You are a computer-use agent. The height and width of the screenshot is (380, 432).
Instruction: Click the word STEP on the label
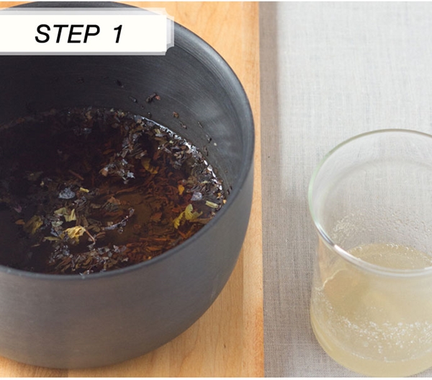coord(67,33)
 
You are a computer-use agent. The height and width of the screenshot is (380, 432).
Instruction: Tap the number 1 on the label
coord(117,33)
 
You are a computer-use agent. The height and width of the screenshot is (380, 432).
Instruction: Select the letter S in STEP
coord(43,33)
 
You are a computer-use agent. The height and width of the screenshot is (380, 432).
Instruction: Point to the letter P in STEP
coord(91,33)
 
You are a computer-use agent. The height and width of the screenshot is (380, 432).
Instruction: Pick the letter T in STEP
coord(60,33)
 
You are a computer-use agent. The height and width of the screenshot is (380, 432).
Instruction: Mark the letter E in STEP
coord(75,33)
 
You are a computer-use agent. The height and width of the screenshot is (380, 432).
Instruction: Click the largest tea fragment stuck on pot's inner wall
coord(153,97)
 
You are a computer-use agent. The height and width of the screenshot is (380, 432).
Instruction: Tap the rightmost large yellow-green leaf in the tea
coord(190,215)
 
